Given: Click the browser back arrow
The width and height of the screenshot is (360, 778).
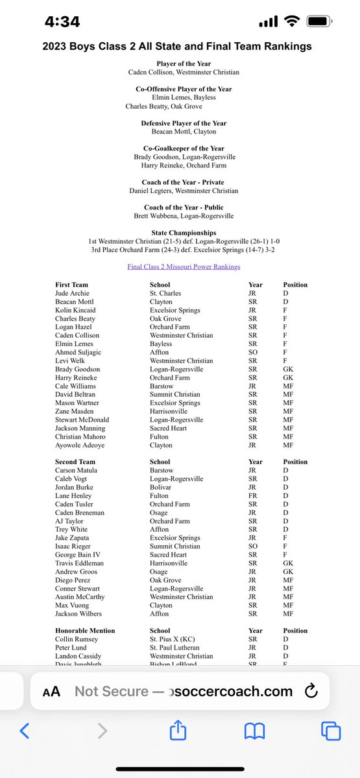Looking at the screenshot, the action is pos(25,732).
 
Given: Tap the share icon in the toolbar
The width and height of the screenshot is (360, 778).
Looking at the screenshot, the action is pos(178,731).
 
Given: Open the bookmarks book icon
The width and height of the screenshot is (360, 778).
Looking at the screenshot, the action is pos(254,732).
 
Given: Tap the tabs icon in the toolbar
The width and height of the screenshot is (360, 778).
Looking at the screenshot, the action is pos(331,732).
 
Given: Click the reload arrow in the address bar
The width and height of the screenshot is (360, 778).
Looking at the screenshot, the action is pos(311,690).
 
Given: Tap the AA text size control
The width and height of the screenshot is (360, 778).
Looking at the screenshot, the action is pos(51,691).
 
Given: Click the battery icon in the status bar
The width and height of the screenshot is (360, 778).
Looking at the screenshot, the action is pos(320,21).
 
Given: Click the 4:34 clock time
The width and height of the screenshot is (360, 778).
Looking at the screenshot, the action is pos(62,21).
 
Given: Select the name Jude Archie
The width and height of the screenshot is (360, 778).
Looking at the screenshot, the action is pos(73,293).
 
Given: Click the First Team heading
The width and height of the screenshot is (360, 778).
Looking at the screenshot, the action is pos(71,285).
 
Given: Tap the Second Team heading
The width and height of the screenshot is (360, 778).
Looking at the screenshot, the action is pos(76,462).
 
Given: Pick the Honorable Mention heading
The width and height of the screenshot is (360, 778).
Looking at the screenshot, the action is pos(85,630).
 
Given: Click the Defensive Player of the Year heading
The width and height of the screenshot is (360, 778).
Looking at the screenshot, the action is pos(184,123).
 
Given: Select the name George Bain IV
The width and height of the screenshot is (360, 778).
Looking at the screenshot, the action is pos(80,554).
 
